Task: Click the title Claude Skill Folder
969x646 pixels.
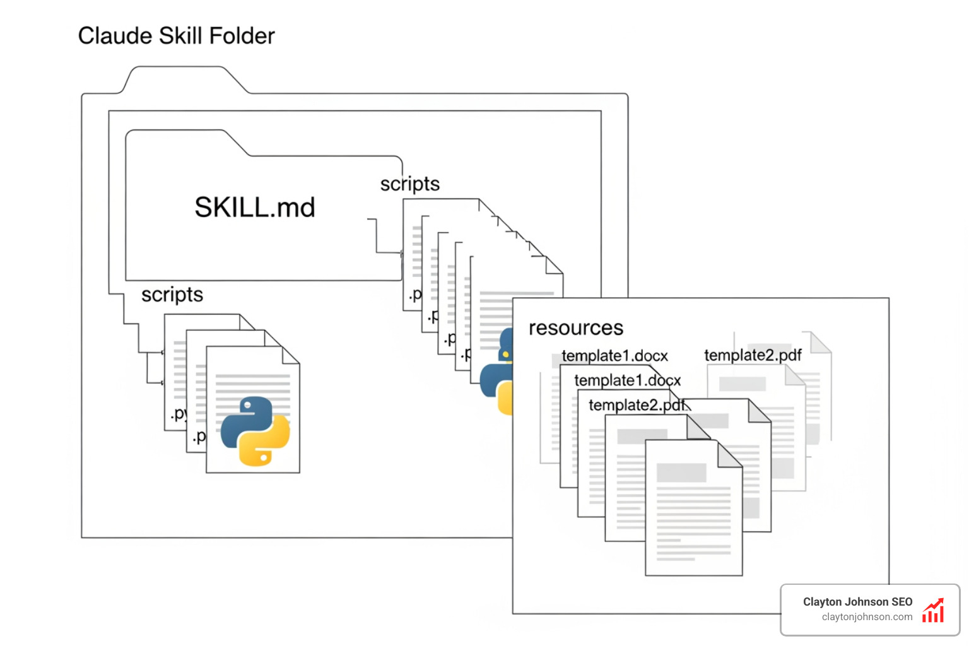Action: (176, 36)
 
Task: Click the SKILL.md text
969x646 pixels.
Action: (254, 207)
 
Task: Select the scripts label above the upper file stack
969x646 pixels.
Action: (409, 184)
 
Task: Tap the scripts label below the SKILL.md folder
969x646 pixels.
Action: (172, 295)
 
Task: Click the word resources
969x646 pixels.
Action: (575, 328)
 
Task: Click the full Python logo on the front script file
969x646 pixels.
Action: (255, 432)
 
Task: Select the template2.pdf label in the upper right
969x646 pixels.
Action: (753, 355)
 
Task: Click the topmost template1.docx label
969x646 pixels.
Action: (614, 356)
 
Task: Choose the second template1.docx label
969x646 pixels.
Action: (627, 380)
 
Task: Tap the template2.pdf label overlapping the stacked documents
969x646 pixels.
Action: (637, 405)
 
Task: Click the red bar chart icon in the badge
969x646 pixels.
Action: (933, 611)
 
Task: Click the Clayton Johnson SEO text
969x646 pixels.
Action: (857, 602)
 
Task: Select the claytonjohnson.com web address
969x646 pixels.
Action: (867, 617)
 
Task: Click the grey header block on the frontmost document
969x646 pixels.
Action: (681, 473)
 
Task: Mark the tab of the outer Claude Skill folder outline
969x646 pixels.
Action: (183, 79)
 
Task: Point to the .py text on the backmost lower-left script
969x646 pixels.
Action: (179, 414)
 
